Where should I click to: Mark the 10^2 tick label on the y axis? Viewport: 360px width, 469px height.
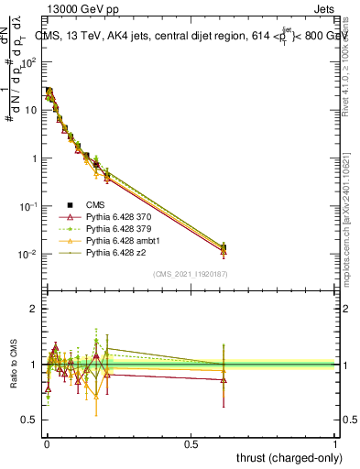click(x=27, y=62)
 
